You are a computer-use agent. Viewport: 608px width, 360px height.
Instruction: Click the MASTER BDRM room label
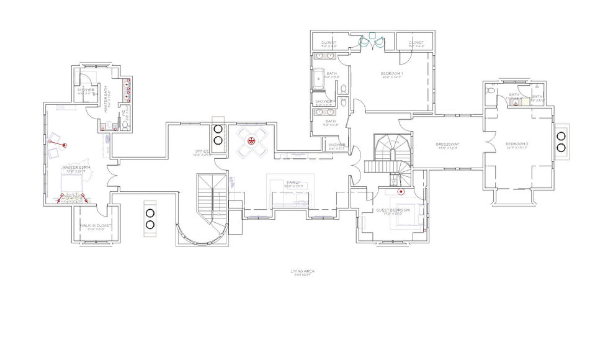[76, 168]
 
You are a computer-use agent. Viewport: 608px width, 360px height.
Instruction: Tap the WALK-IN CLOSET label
[96, 225]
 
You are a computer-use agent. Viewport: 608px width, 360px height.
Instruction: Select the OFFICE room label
[202, 151]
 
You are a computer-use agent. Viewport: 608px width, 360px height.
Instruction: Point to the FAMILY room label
[293, 182]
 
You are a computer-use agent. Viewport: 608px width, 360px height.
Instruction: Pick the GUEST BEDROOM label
[393, 210]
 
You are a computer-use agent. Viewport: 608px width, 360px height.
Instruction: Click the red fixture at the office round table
[252, 141]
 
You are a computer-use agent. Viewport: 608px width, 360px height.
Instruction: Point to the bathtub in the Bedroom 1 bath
[317, 79]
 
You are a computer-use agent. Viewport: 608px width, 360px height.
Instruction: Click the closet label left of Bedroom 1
[329, 43]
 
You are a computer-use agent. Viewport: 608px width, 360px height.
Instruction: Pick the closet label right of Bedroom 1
[416, 43]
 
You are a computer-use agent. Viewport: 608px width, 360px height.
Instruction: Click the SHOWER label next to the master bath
[86, 90]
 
